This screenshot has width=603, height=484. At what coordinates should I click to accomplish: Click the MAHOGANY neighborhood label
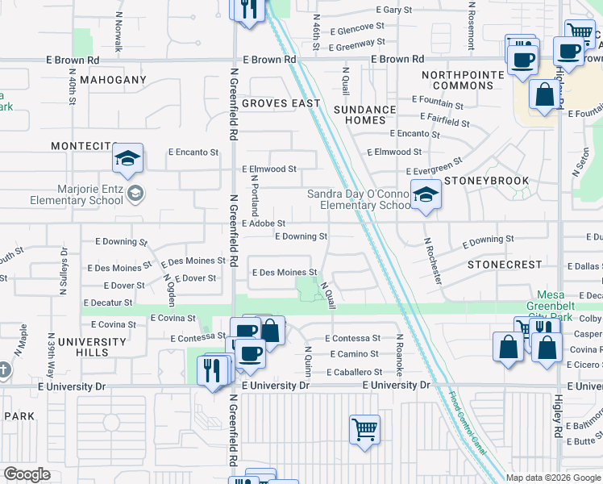click(112, 80)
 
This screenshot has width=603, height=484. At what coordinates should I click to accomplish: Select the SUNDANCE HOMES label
click(365, 115)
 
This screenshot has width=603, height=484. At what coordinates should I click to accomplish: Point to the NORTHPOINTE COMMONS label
click(463, 80)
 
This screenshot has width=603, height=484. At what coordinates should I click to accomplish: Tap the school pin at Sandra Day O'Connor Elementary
click(425, 194)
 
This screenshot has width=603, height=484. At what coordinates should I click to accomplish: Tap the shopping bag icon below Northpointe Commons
click(545, 95)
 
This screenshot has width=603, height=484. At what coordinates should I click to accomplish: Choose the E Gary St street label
click(381, 10)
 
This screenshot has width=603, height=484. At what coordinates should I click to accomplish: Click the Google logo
click(27, 474)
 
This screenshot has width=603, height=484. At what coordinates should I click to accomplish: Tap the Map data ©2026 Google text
click(553, 478)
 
